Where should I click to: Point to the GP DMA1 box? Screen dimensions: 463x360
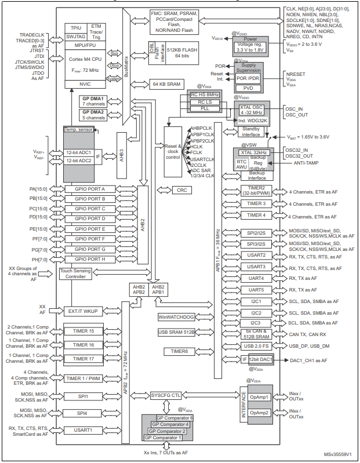92,102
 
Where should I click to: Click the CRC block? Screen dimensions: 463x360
182,190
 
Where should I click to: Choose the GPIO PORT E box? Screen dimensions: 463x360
86,229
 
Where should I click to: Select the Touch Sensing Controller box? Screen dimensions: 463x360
75,274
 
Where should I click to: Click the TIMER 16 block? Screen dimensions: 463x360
83,344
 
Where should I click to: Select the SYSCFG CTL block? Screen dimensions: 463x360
166,395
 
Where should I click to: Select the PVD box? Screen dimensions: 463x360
248,88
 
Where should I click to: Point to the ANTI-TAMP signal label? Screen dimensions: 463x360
301,162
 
